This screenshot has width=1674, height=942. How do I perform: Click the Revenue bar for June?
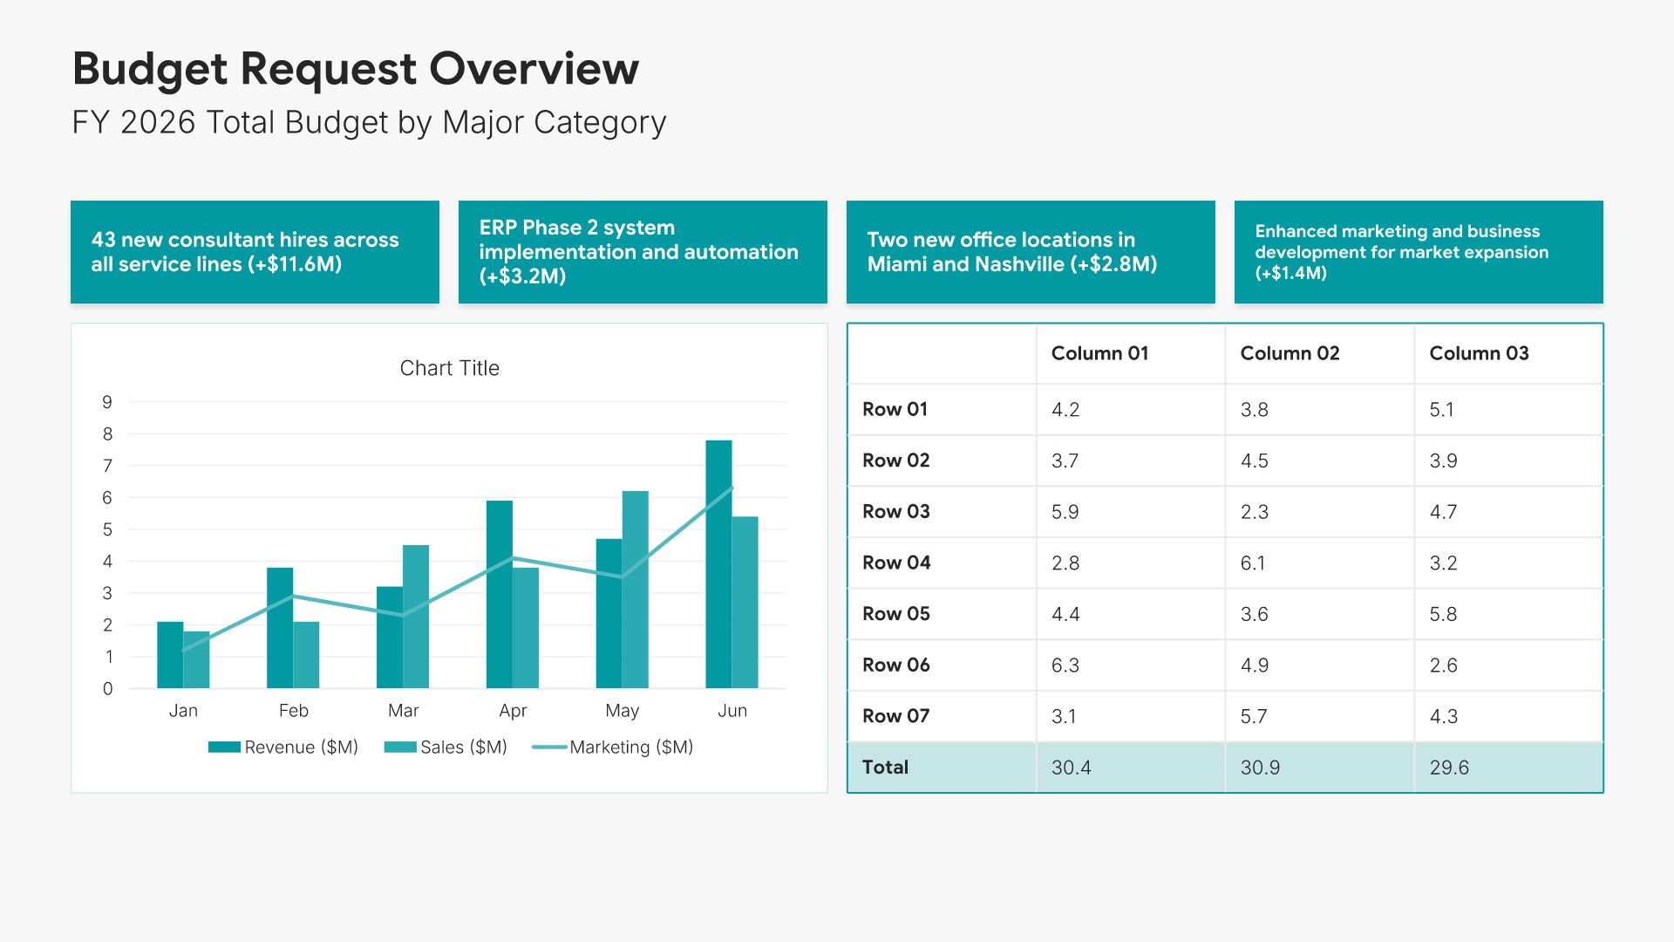[x=718, y=564]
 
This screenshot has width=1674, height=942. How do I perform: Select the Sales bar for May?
[x=636, y=590]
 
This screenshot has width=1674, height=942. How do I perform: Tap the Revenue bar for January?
[x=170, y=655]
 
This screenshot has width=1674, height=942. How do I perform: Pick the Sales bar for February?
[x=306, y=655]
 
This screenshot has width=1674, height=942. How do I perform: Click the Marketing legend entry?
[x=613, y=747]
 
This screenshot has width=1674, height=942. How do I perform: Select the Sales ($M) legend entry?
[x=446, y=747]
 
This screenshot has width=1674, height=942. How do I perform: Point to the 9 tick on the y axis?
[x=107, y=402]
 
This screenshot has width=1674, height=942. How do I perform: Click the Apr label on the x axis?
[x=513, y=710]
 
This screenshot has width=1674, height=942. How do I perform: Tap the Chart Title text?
[x=450, y=368]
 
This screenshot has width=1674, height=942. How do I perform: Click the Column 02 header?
[x=1290, y=353]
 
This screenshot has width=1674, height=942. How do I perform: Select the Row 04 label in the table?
[x=896, y=563]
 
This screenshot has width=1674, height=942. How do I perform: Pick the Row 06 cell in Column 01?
[x=1065, y=665]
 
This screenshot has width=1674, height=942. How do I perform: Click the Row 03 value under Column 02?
[x=1255, y=511]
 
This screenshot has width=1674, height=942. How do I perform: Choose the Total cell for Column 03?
[x=1449, y=767]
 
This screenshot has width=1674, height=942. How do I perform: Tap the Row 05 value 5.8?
[x=1443, y=613]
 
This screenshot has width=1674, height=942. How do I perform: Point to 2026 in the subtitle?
[x=158, y=122]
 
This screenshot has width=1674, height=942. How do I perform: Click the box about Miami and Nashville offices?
[x=1031, y=252]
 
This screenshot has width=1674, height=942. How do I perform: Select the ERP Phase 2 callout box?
[x=643, y=252]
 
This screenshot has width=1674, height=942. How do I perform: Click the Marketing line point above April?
[x=513, y=557]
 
